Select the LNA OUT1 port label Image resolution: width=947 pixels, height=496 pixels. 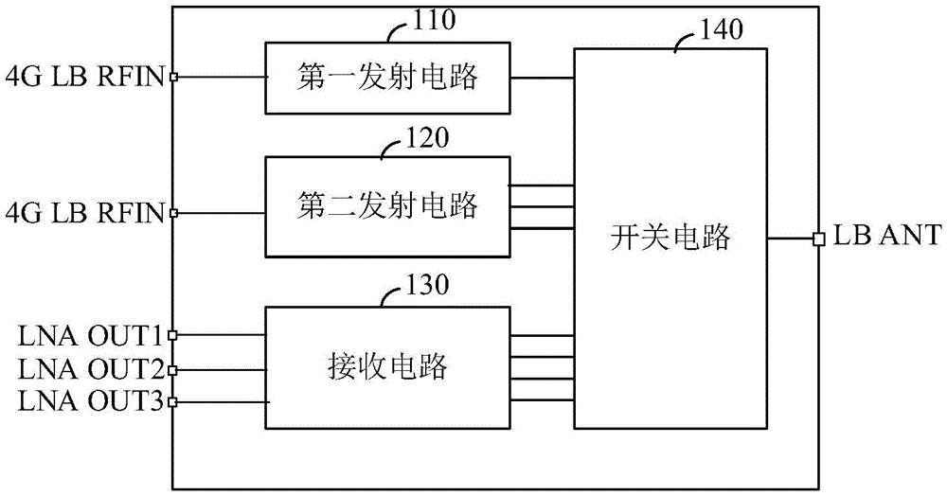tap(92, 335)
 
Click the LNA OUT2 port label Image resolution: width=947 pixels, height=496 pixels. tap(92, 368)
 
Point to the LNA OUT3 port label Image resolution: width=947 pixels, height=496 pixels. tap(92, 401)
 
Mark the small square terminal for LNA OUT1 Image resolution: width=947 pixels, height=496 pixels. tap(173, 335)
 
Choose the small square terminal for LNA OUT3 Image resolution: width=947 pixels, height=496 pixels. tap(173, 402)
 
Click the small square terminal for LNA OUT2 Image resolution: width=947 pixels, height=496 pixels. tap(173, 369)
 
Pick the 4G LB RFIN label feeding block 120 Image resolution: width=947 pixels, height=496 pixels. tap(85, 210)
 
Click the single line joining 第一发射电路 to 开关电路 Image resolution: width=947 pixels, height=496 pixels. tap(542, 78)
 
